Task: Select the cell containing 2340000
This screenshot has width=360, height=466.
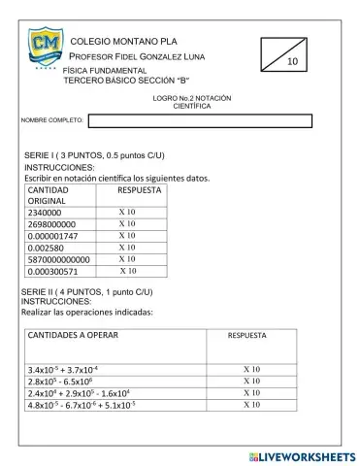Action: pyautogui.click(x=45, y=212)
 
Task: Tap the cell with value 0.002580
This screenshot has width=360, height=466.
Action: pyautogui.click(x=45, y=249)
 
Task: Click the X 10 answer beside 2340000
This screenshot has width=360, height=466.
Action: pyautogui.click(x=126, y=212)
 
